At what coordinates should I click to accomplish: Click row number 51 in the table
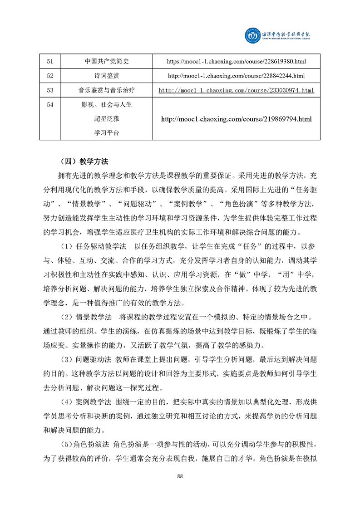point(50,61)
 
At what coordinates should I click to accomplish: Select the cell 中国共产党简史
point(107,61)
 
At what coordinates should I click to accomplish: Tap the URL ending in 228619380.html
point(237,61)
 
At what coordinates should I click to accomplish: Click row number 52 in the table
point(50,76)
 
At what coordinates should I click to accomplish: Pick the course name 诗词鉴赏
point(107,76)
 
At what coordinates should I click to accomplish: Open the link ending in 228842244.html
point(237,76)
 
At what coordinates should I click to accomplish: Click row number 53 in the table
point(50,90)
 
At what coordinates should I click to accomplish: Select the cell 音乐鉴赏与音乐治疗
point(107,90)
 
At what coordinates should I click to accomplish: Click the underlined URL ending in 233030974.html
point(237,90)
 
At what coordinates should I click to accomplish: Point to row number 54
point(50,105)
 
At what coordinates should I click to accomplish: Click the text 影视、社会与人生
point(107,105)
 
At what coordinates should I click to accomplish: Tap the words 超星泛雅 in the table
point(107,119)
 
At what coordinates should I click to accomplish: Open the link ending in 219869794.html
point(237,119)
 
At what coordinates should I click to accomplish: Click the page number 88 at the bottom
point(180,476)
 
